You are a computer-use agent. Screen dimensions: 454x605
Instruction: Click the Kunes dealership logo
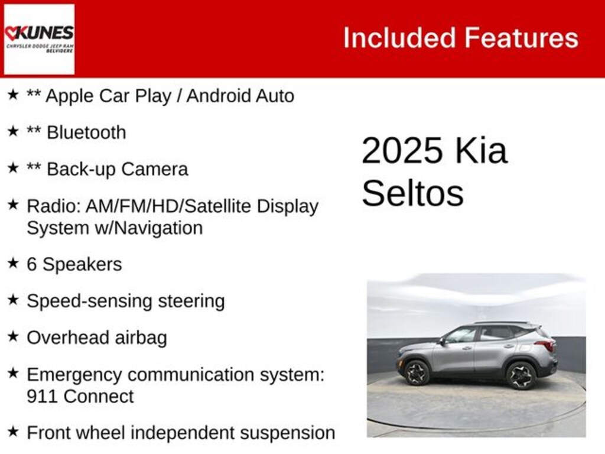(39, 39)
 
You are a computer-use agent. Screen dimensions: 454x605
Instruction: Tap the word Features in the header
(521, 38)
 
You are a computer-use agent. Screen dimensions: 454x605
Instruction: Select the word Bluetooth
(86, 132)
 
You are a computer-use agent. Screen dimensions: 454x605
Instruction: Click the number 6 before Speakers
(32, 264)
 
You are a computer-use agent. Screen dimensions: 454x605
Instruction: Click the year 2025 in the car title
(402, 151)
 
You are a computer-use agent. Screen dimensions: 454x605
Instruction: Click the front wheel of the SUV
(417, 373)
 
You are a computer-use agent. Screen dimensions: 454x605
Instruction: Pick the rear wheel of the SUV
(521, 375)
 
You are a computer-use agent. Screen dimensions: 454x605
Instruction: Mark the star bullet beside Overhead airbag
(13, 336)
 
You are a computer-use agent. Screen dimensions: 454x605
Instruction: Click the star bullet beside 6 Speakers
(13, 263)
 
